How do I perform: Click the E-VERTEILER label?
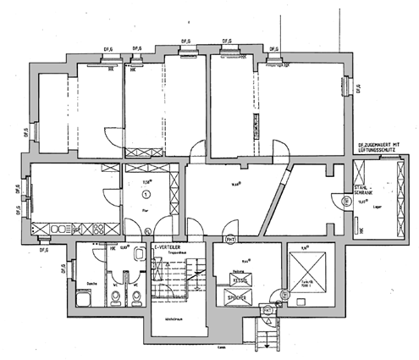point(166,246)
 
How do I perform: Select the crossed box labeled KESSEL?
point(240,278)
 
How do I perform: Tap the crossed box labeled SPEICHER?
point(239,298)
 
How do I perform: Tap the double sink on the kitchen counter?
point(62,229)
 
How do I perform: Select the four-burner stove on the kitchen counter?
point(96,229)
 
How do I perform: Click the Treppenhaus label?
point(173,252)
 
